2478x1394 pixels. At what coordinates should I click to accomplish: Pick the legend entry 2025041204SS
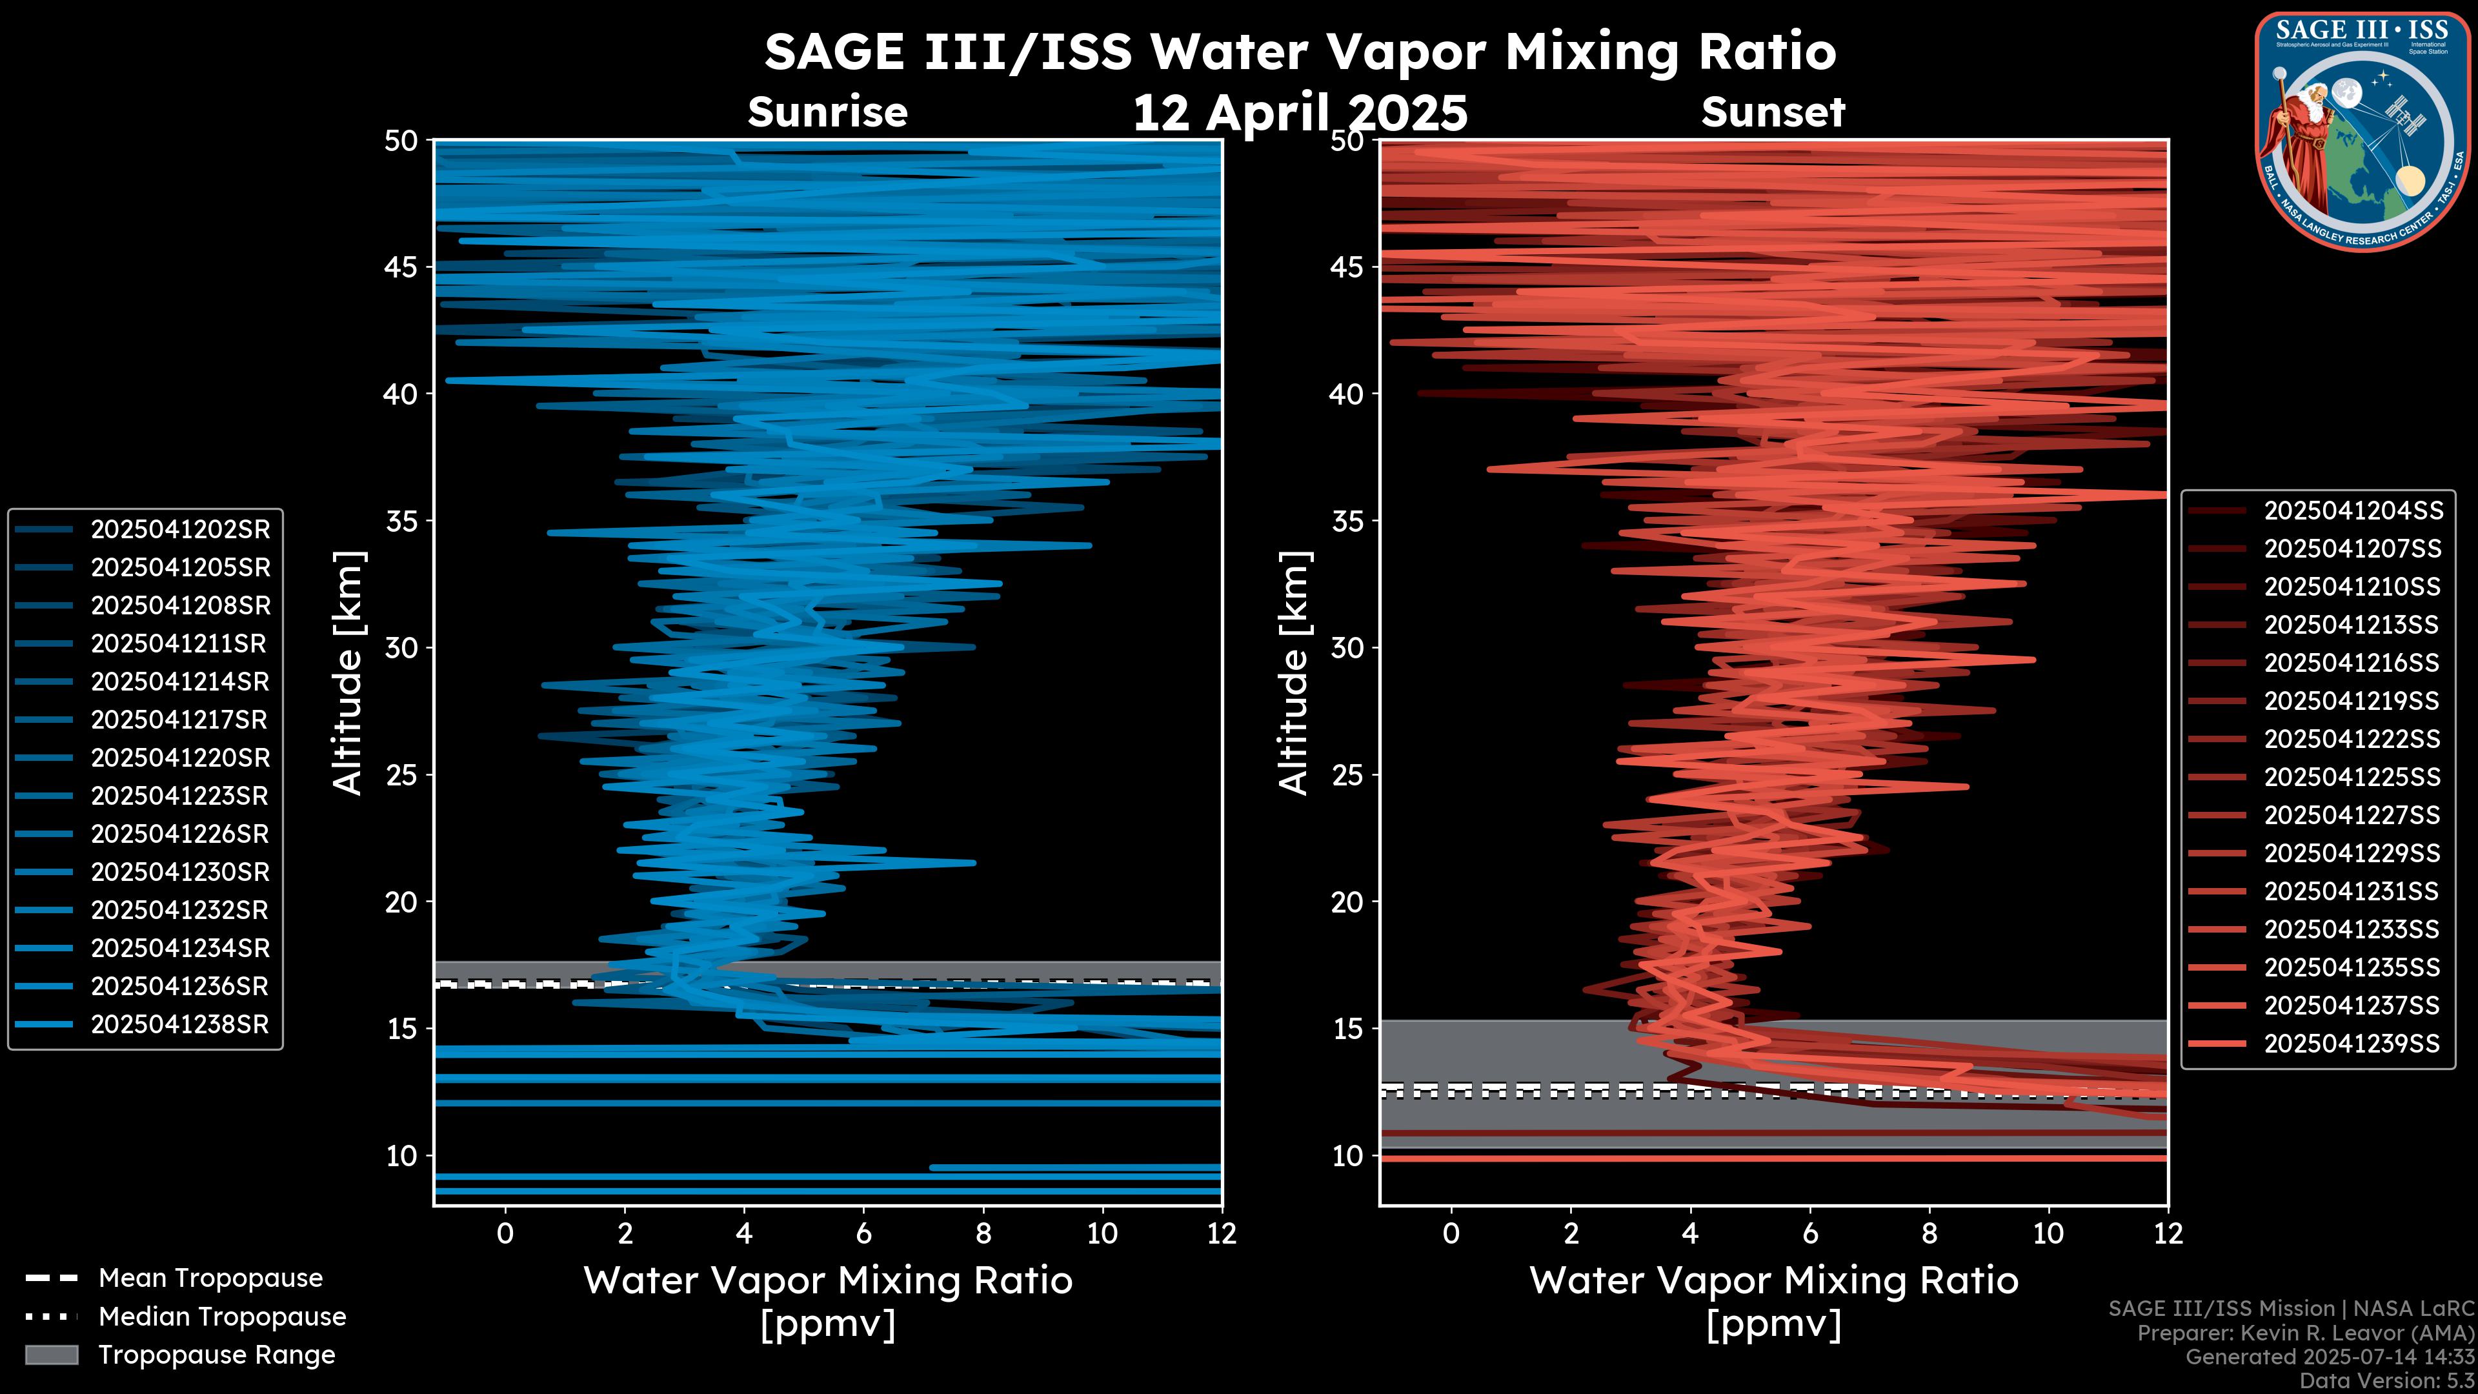2352,511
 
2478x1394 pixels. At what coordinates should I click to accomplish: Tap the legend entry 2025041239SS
2352,1044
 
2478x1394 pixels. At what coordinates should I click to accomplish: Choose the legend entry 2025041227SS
2352,816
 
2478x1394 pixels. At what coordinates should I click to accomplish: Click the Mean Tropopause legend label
210,1278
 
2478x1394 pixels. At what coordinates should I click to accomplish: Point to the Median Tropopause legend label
221,1317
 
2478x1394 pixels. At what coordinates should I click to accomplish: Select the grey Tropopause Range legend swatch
51,1355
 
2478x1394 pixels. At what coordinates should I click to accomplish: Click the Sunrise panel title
827,112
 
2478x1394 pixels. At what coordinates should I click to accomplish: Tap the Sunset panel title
1773,112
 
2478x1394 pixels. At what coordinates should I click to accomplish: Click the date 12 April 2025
1300,114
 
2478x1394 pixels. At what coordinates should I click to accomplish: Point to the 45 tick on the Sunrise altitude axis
401,267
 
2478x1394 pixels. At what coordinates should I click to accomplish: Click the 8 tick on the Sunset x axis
1929,1233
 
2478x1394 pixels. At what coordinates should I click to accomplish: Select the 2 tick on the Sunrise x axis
624,1233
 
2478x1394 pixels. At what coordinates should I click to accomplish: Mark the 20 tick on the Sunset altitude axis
1347,902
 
